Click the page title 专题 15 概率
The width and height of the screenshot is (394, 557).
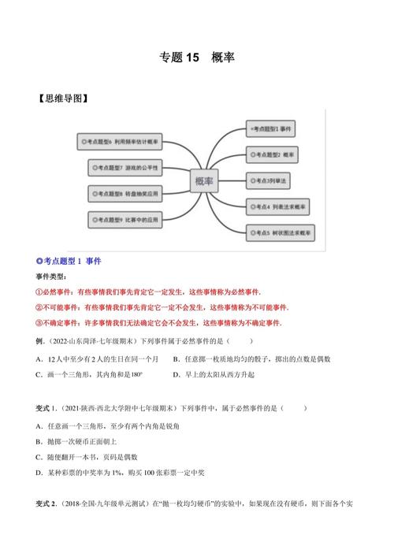click(196, 58)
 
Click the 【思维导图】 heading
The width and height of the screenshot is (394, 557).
click(61, 98)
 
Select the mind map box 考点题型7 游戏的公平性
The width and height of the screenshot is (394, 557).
click(126, 167)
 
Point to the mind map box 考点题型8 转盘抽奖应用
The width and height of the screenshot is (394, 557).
click(126, 193)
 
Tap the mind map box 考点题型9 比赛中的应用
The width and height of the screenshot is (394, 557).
click(126, 218)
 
